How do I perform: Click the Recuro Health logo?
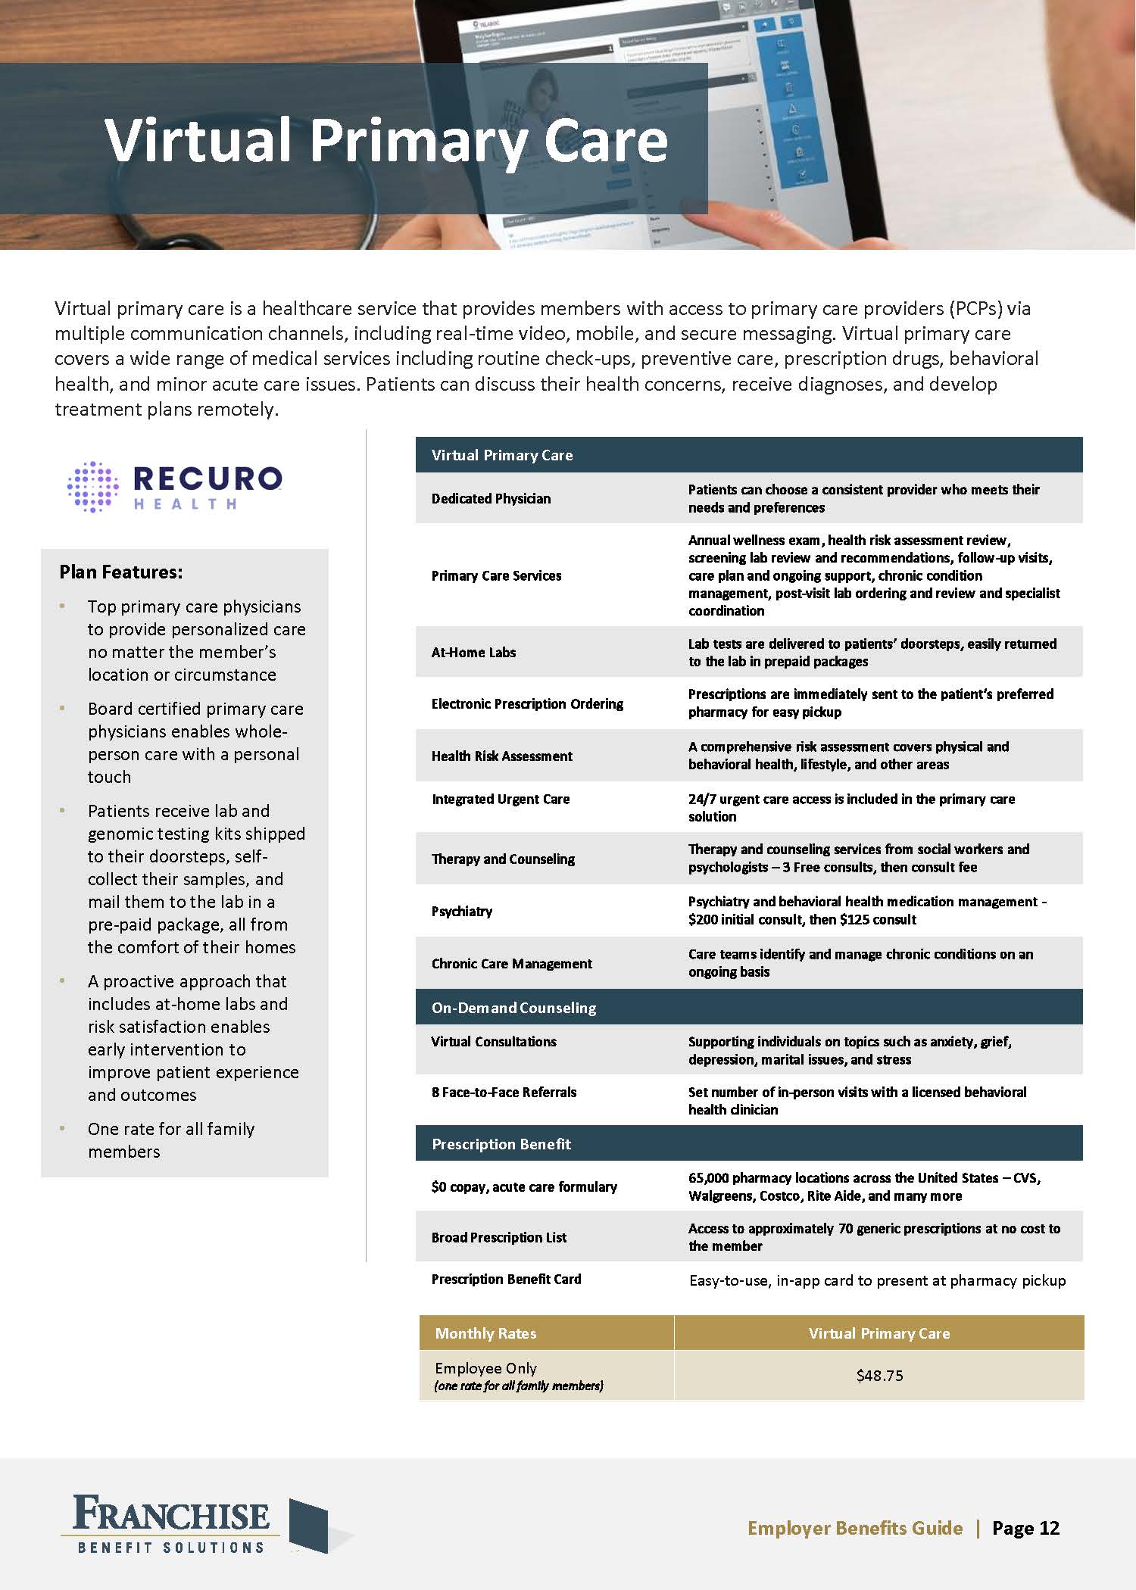[175, 486]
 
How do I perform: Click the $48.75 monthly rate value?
[879, 1376]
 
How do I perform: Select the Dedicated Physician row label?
[491, 498]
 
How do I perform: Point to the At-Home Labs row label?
[473, 652]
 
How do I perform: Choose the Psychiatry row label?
[462, 911]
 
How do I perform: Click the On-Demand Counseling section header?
[513, 1008]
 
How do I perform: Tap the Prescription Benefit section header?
[501, 1143]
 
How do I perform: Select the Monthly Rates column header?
[485, 1333]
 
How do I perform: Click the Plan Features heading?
[121, 572]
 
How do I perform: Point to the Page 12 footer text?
[1025, 1528]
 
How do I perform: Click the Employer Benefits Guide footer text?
[855, 1528]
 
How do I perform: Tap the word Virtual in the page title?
[198, 140]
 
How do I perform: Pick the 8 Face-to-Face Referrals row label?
[504, 1092]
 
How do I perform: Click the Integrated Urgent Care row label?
[501, 799]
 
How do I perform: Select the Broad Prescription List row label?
[499, 1237]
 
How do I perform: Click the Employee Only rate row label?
[485, 1368]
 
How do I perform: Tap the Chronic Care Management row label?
[512, 963]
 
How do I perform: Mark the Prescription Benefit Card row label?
[506, 1279]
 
